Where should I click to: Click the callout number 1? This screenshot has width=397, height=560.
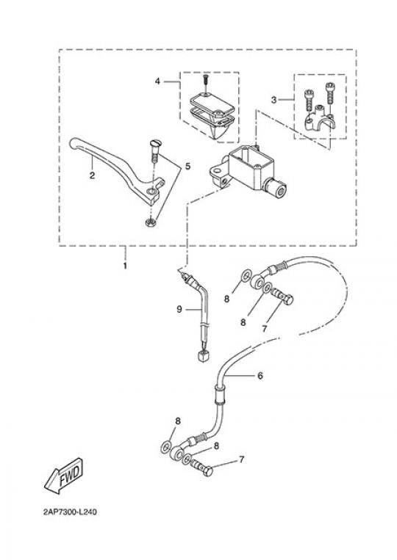tap(125, 266)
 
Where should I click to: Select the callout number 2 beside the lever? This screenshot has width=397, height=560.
tap(93, 175)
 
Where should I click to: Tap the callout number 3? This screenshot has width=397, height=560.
tap(273, 100)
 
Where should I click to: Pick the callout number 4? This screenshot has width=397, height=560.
tap(157, 81)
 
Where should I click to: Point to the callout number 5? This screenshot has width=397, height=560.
tap(187, 166)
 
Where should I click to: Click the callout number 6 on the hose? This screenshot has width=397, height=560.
tap(260, 375)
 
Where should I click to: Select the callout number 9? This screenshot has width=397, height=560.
tap(179, 309)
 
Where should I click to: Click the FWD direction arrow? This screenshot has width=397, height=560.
tap(65, 476)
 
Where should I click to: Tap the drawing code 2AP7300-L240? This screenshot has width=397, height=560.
tap(70, 512)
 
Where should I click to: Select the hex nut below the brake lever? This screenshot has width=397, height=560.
tap(150, 222)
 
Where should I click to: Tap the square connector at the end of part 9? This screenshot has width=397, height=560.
tap(202, 356)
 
